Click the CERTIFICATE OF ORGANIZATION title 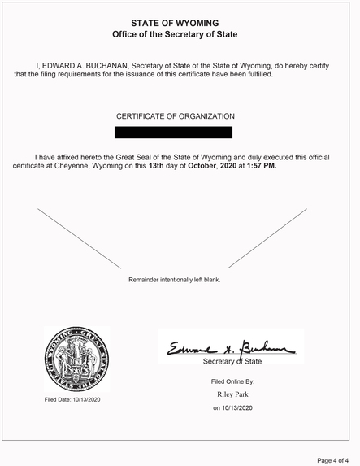click(175, 117)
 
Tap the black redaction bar click(173, 132)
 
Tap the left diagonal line click(79, 237)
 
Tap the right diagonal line click(267, 237)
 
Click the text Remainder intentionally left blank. click(174, 280)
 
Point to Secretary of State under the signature click(232, 360)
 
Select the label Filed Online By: click(233, 381)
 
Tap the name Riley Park click(233, 394)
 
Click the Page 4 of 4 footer click(333, 459)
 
